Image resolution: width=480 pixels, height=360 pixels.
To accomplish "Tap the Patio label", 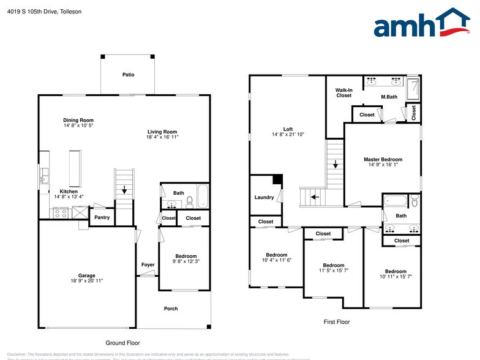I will click(128, 75).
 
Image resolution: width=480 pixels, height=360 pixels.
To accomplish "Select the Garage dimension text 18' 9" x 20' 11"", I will click(86, 281).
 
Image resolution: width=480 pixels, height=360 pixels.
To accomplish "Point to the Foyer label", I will click(148, 265).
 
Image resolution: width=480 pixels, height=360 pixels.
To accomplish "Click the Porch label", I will click(171, 309).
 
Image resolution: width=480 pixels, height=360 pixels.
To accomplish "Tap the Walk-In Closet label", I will click(343, 93).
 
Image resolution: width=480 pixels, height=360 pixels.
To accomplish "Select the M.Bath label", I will click(389, 97).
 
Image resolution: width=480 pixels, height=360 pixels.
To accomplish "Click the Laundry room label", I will click(264, 197).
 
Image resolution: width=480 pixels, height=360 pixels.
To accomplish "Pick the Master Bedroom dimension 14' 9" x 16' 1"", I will click(383, 165).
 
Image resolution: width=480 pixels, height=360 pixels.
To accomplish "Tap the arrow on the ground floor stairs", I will click(124, 190).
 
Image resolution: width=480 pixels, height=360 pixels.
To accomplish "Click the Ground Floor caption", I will click(123, 343).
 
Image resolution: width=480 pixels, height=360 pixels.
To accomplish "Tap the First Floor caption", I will click(336, 321).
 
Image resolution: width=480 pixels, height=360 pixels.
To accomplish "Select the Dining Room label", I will click(78, 120).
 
